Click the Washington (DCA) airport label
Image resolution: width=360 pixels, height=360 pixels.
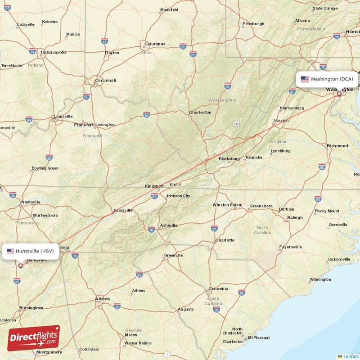click(327, 79)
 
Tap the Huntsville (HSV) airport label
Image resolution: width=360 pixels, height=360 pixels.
click(31, 251)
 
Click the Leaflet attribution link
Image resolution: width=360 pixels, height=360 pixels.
click(350, 356)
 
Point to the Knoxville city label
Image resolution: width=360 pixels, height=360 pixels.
click(123, 210)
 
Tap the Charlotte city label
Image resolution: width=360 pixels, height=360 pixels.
click(225, 240)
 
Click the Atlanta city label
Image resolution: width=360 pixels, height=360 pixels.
click(103, 298)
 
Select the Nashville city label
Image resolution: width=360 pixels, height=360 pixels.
click(31, 202)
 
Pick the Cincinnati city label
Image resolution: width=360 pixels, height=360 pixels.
click(105, 81)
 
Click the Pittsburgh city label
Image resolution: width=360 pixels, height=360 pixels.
click(253, 23)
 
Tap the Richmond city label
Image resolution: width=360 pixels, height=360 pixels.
click(337, 146)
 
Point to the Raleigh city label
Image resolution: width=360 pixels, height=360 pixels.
click(295, 217)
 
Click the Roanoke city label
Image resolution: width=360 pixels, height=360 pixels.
click(254, 157)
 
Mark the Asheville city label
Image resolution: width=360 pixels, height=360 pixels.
click(169, 225)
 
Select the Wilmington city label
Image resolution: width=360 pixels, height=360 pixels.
click(320, 279)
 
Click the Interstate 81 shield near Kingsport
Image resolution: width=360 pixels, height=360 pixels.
click(155, 196)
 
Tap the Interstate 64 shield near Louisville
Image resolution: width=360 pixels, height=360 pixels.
click(29, 120)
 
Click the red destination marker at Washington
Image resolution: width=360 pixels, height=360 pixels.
click(339, 94)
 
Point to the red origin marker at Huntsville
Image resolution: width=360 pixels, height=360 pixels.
click(20, 265)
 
